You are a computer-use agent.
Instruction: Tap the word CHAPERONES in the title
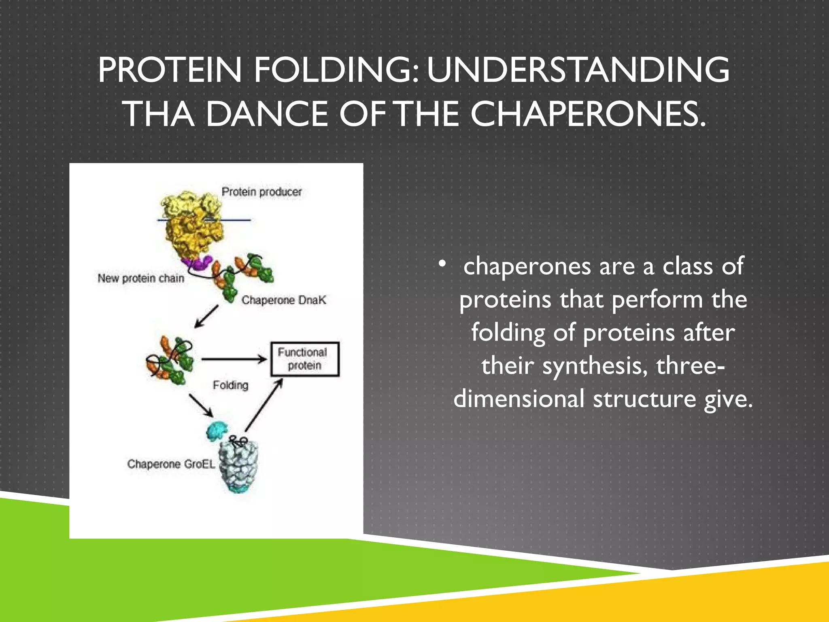point(588,114)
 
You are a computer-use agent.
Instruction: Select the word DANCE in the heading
point(267,114)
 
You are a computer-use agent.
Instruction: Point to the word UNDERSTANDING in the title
point(578,70)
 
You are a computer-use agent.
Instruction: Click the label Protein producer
point(261,192)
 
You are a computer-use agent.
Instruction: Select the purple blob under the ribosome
point(198,264)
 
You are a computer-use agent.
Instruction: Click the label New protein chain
point(141,279)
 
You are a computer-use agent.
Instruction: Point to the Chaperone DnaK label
point(283,300)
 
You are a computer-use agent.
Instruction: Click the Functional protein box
point(304,359)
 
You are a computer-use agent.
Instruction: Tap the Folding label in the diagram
point(230,385)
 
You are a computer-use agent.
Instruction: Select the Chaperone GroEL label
point(171,464)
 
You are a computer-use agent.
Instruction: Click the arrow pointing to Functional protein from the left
point(233,359)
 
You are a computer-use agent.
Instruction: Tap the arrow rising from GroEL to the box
point(264,405)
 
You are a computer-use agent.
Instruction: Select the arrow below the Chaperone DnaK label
point(206,317)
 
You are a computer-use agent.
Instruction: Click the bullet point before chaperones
point(442,264)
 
